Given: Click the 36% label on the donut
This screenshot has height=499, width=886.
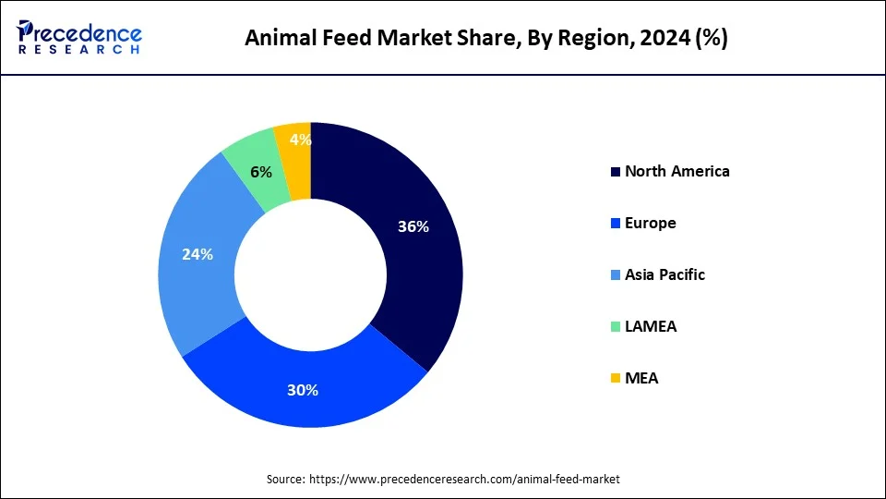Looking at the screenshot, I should click(x=413, y=226).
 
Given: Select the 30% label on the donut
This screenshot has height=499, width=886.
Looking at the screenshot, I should click(x=303, y=390).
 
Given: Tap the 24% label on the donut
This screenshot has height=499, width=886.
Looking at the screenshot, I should click(x=198, y=254).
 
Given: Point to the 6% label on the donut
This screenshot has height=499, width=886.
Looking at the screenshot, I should click(x=261, y=172).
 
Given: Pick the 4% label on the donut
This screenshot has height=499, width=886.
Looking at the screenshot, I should click(x=300, y=140).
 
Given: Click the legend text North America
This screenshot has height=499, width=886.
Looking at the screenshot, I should click(x=676, y=171).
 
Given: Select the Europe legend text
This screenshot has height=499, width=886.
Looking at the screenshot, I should click(x=650, y=223).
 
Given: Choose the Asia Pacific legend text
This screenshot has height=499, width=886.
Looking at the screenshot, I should click(x=664, y=274).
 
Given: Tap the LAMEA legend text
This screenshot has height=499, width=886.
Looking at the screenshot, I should click(x=651, y=326).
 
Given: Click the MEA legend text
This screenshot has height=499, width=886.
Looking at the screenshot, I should click(x=641, y=378).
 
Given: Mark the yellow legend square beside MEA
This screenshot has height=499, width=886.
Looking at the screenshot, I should click(x=615, y=379).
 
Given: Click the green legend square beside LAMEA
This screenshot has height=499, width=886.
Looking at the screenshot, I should click(x=615, y=327).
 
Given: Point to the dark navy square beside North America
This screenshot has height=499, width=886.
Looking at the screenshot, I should click(x=615, y=172).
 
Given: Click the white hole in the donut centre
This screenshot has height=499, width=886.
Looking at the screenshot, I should click(x=310, y=274).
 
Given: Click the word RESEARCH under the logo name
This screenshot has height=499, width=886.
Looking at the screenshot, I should click(x=80, y=50).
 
